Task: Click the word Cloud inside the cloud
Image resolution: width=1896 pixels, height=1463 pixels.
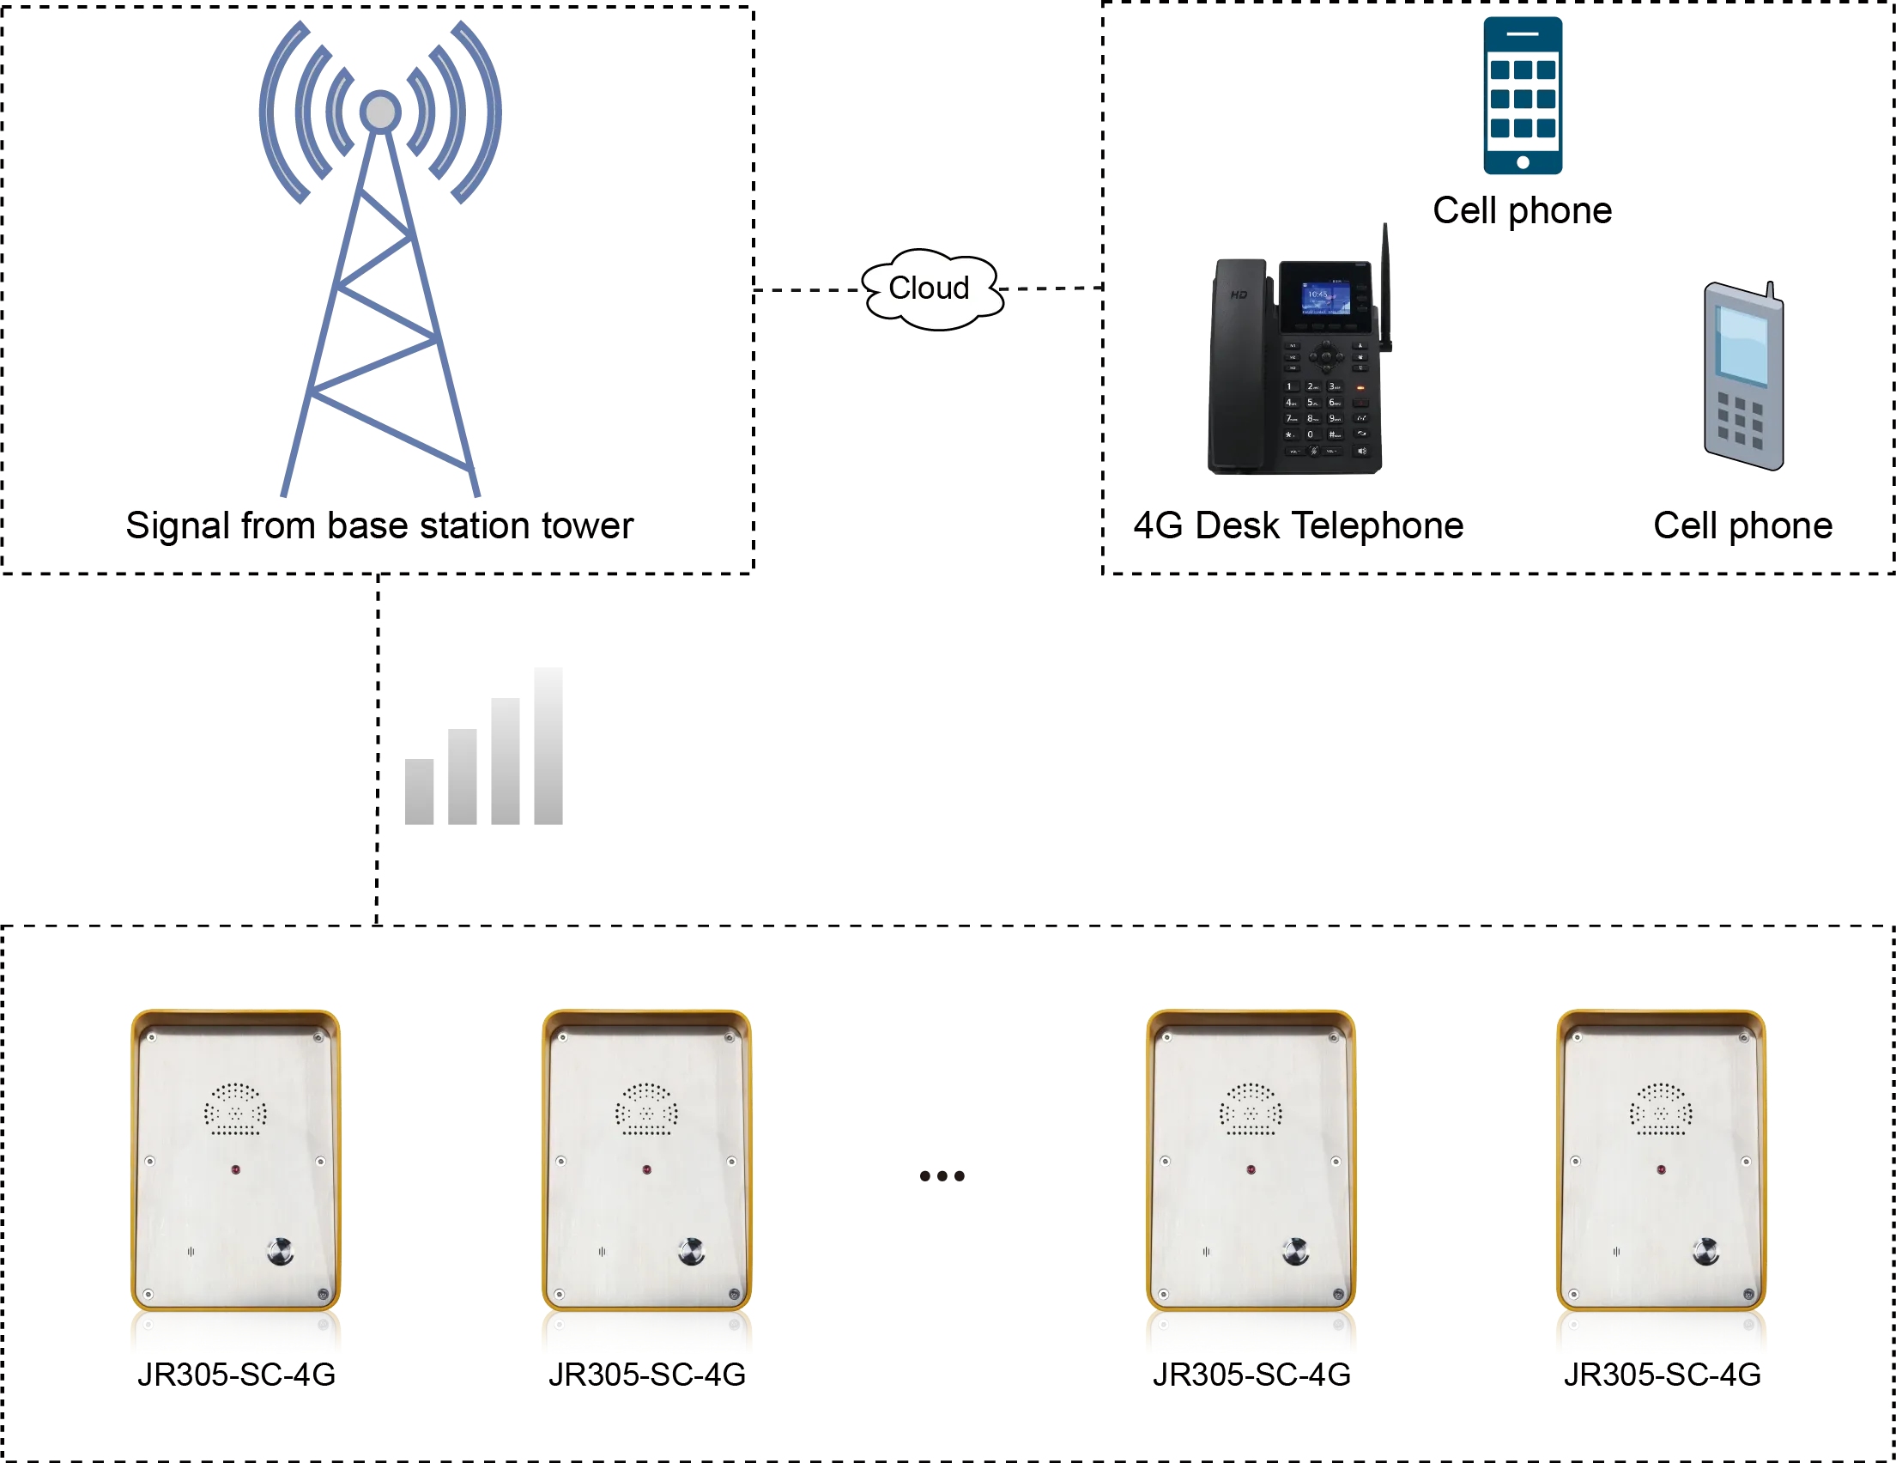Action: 928,288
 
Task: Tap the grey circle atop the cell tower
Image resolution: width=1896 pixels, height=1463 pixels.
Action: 380,111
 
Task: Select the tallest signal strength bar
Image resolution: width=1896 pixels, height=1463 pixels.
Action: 545,749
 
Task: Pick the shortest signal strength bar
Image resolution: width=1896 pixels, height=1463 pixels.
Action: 422,792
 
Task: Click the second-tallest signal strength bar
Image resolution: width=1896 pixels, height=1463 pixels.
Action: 504,762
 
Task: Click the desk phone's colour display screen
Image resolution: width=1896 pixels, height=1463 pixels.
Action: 1325,300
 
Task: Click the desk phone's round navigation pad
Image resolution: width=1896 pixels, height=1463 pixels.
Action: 1324,356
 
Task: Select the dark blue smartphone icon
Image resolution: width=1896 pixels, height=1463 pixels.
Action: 1523,95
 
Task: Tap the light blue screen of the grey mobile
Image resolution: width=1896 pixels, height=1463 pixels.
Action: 1742,345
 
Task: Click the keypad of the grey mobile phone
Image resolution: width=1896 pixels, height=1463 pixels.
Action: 1740,422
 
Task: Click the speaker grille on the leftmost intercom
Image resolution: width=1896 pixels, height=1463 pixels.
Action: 235,1109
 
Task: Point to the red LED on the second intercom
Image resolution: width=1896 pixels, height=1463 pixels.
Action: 647,1169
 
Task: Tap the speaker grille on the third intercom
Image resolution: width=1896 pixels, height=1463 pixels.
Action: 1251,1109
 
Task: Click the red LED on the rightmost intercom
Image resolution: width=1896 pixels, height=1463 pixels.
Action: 1661,1169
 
